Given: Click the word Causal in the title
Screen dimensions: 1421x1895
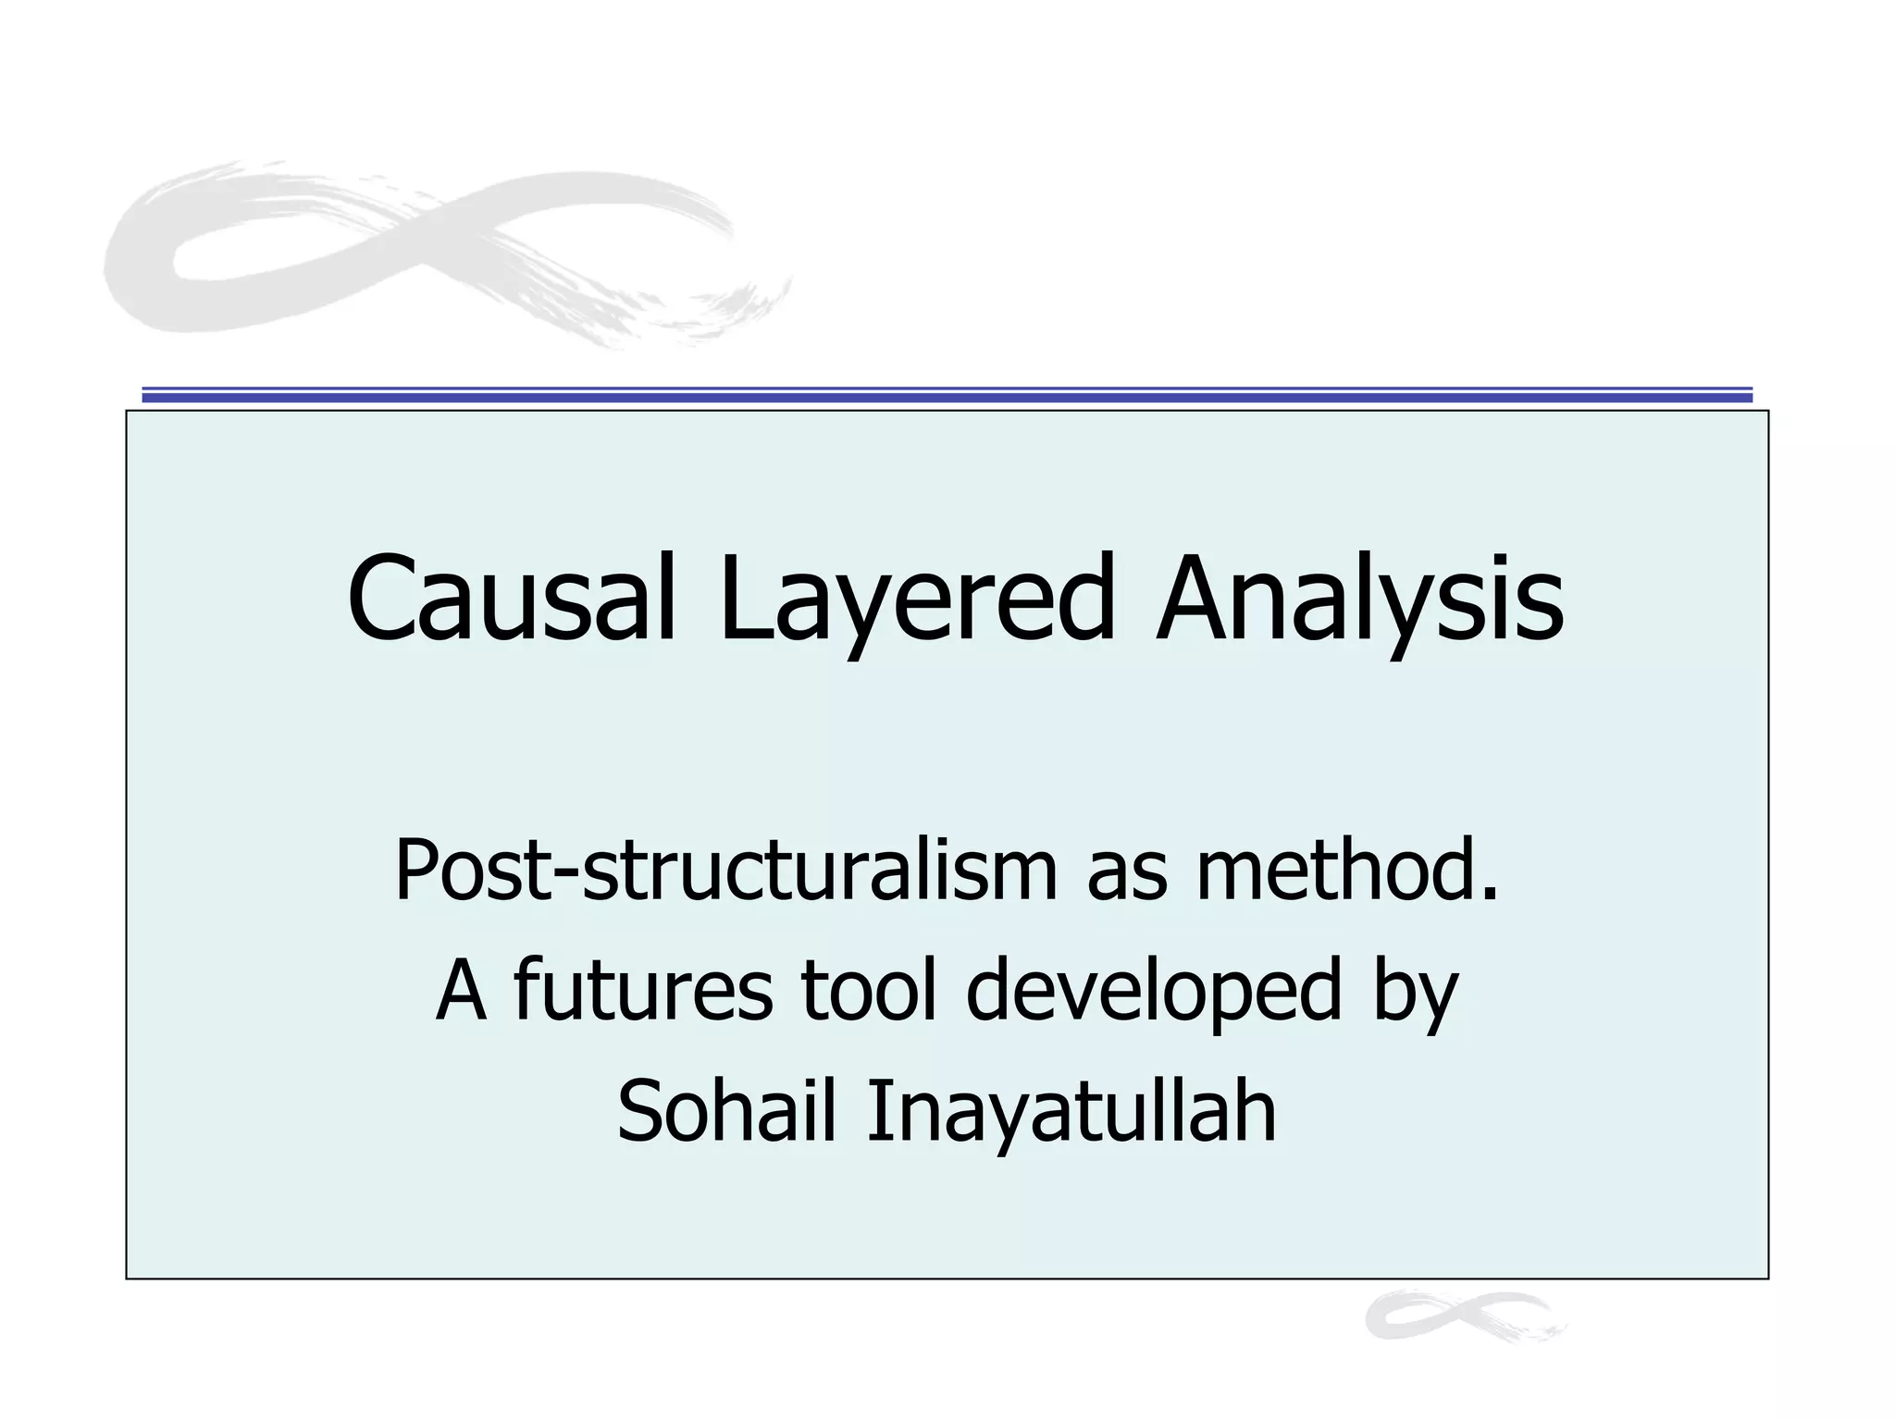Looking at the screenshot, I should [512, 599].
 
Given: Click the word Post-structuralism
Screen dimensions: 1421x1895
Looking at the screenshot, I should [725, 871].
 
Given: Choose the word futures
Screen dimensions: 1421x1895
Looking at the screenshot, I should [642, 990].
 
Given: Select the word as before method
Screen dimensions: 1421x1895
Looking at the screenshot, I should [1126, 875].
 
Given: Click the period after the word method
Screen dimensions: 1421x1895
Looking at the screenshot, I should [1489, 895].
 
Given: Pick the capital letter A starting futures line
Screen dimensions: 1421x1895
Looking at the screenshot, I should [461, 990].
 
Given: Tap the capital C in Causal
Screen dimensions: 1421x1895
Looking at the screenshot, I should [381, 599].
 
